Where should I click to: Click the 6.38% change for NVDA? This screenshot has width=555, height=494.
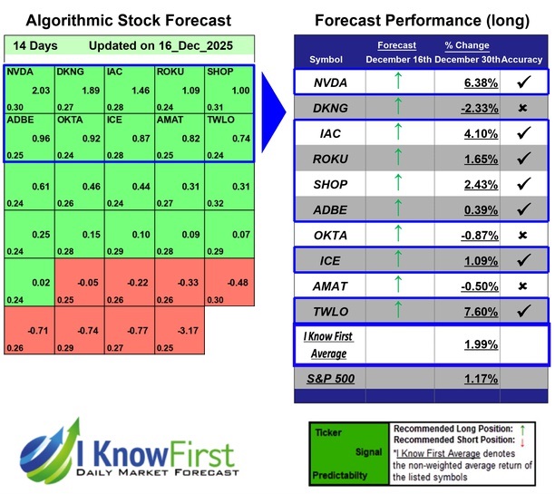coord(455,82)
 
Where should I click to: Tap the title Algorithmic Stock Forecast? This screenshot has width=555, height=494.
coord(127,20)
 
